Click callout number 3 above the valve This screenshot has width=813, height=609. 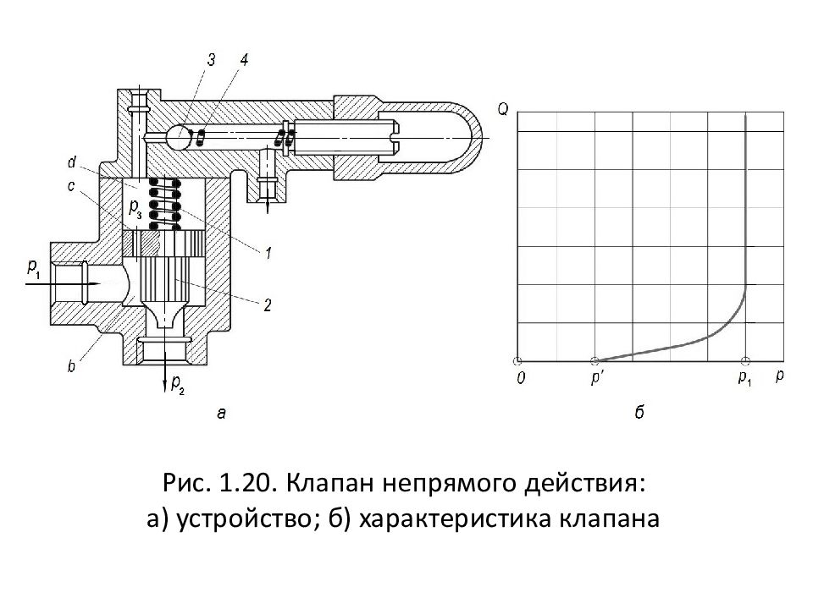[x=211, y=59]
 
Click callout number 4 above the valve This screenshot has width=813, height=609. [x=244, y=59]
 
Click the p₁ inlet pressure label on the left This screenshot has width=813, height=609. [x=33, y=268]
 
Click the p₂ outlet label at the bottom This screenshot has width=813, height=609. [x=176, y=384]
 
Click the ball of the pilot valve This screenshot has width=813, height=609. [x=178, y=135]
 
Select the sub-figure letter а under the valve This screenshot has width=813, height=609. [x=221, y=413]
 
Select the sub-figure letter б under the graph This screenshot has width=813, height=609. [x=639, y=413]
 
